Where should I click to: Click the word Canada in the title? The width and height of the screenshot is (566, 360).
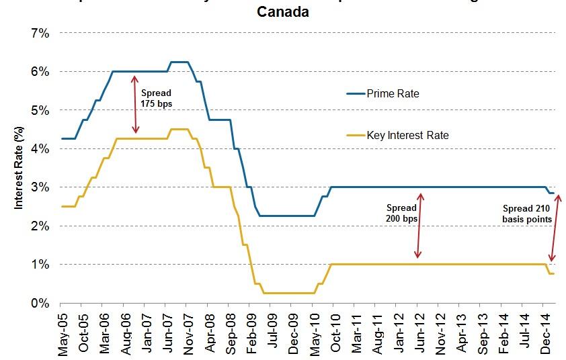(x=284, y=12)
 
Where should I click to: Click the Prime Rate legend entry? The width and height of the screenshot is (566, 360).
(x=393, y=93)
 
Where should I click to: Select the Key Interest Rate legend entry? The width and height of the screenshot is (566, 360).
(x=407, y=135)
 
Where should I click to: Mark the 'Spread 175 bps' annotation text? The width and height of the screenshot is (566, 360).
(x=155, y=99)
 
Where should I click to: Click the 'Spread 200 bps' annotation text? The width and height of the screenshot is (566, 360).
(x=402, y=213)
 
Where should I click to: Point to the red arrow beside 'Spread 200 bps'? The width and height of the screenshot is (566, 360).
(x=419, y=226)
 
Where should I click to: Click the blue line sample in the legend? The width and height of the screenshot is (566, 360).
(x=355, y=93)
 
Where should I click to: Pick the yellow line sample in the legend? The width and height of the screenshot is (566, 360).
(x=355, y=135)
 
